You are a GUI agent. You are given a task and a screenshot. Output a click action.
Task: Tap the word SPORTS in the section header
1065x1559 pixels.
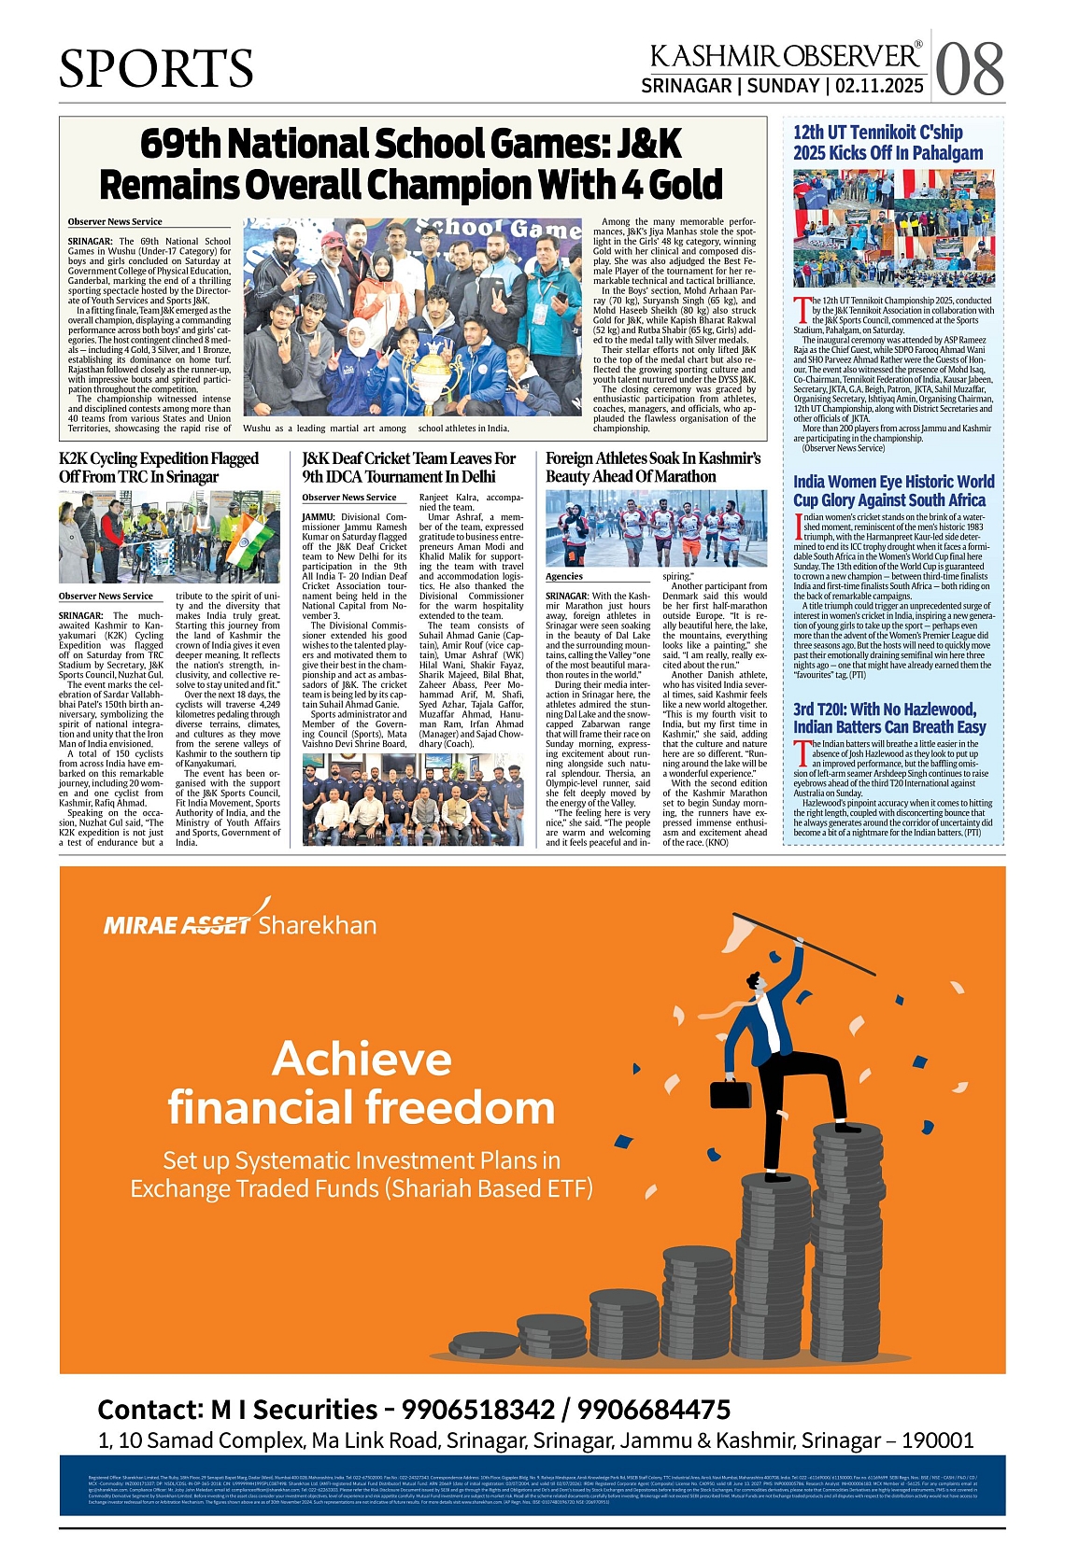coord(156,68)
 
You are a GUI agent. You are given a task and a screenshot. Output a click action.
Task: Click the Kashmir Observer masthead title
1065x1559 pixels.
coord(785,55)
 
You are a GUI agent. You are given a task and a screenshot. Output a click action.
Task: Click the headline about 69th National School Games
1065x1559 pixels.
coord(411,164)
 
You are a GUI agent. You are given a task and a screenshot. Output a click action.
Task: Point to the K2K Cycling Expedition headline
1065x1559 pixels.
coord(159,467)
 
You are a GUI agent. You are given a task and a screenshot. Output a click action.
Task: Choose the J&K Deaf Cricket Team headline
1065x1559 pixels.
coord(408,467)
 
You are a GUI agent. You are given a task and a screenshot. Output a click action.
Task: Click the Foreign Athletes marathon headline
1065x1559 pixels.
coord(653,467)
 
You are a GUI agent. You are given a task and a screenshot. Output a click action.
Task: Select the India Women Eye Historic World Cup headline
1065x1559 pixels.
coord(893,491)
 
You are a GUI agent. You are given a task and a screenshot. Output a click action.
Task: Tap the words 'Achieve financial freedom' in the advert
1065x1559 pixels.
coord(362,1084)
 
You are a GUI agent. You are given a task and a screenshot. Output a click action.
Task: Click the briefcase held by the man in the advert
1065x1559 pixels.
coord(731,1093)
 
